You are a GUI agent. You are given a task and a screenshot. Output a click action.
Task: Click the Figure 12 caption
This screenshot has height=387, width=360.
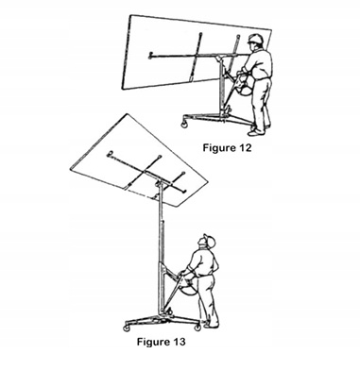[227, 147]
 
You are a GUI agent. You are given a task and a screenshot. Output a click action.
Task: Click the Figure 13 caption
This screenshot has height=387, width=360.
[161, 342]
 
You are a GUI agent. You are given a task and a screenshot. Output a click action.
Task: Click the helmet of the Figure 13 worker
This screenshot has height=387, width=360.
[210, 240]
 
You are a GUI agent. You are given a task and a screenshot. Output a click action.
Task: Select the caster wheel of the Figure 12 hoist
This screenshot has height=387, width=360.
[184, 124]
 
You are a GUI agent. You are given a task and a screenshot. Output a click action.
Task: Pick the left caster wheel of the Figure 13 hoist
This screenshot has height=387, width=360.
[128, 328]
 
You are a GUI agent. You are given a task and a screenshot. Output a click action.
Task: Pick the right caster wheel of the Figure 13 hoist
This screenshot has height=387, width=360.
[197, 328]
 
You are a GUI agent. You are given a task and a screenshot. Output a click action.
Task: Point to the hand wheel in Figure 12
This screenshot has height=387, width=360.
[243, 83]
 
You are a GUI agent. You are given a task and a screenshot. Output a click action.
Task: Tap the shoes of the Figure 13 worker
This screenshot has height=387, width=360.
[212, 324]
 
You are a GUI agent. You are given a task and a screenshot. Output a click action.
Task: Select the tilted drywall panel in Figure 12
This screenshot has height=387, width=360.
[196, 53]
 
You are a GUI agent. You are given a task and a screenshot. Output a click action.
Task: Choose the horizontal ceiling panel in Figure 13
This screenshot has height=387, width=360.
[139, 160]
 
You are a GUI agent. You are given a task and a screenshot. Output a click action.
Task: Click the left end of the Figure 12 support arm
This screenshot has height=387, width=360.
[150, 56]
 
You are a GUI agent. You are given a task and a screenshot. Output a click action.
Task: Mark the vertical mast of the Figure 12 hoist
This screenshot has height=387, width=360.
[222, 87]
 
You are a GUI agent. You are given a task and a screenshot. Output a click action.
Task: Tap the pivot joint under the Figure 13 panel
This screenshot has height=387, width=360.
[159, 182]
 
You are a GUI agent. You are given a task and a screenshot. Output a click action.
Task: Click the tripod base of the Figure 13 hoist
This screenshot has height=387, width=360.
[163, 320]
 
